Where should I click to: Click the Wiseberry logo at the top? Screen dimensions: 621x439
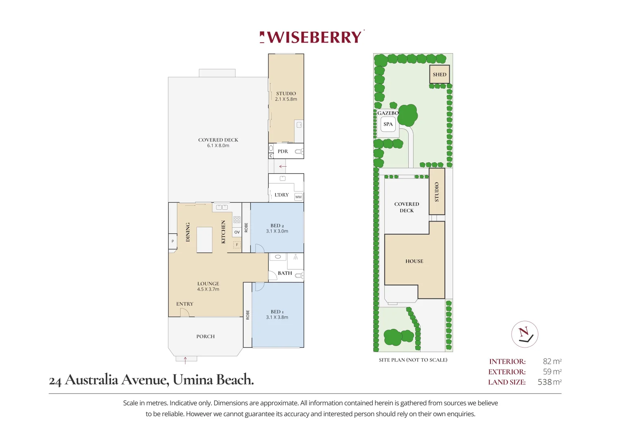click(312, 37)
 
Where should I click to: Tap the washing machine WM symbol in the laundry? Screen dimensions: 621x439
click(299, 197)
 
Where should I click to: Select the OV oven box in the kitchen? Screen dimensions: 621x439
click(237, 232)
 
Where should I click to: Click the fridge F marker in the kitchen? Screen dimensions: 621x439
click(237, 245)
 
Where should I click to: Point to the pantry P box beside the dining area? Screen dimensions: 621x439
click(173, 241)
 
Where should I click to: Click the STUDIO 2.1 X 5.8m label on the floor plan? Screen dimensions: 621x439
click(286, 96)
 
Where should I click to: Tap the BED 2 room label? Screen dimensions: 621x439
click(277, 226)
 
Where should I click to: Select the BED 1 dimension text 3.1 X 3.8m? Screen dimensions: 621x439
click(277, 317)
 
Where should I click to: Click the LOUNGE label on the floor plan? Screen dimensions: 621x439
click(208, 284)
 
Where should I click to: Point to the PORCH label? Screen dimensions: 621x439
click(205, 337)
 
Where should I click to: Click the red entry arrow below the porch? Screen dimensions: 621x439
click(185, 361)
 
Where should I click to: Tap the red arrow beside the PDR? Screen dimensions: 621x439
click(283, 166)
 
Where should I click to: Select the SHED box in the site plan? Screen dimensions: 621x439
click(439, 74)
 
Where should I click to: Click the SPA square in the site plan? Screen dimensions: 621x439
click(388, 124)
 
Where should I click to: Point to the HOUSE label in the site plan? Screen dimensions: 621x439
click(414, 261)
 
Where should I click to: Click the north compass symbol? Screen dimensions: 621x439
click(525, 334)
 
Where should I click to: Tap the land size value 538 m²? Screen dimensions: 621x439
click(549, 382)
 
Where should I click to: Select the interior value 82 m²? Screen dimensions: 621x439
click(552, 361)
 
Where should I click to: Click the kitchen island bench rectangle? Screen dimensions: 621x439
click(204, 240)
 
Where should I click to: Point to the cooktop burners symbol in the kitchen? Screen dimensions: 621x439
click(237, 220)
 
